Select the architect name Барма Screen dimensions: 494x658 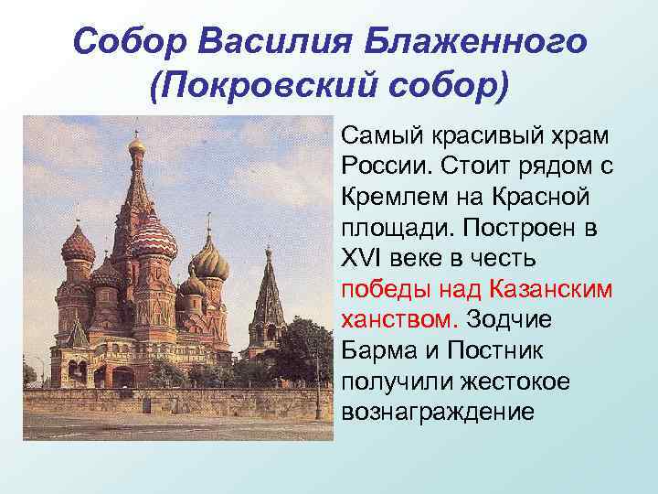pyautogui.click(x=375, y=351)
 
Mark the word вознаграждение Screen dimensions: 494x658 pyautogui.click(x=437, y=413)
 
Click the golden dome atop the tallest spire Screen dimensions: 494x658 pyautogui.click(x=137, y=145)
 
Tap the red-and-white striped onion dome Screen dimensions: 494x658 pyautogui.click(x=153, y=240)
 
